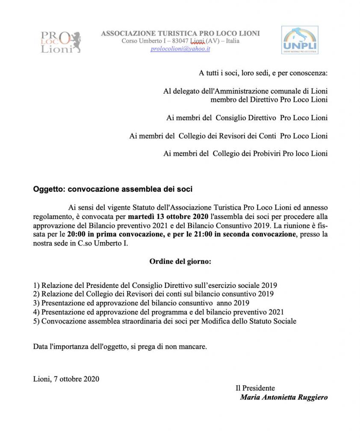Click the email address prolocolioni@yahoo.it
pos(180,49)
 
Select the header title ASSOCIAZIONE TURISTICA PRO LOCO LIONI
pos(180,33)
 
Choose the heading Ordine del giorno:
pos(180,261)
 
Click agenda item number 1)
pos(36,285)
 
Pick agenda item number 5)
pos(36,321)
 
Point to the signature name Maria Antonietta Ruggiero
pos(284,397)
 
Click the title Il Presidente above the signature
pos(255,388)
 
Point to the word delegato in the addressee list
pos(187,91)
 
